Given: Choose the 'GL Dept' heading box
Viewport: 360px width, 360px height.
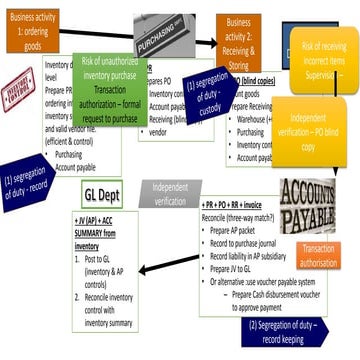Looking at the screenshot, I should click(x=101, y=196).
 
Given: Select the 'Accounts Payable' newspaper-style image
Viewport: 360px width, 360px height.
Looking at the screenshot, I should click(x=314, y=208).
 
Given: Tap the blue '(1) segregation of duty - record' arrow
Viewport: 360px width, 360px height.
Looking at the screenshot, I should click(x=27, y=182).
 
